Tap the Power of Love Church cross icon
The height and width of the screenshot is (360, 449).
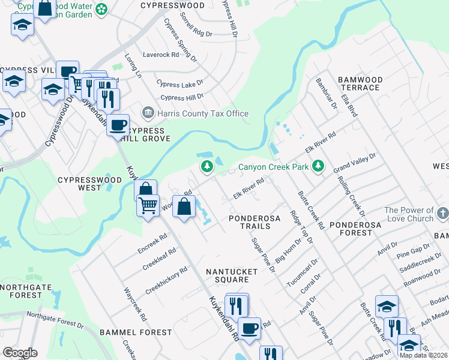pos(442,213)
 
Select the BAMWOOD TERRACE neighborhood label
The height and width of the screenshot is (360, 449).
pos(360,83)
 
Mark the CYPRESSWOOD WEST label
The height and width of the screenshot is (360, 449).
pos(88,184)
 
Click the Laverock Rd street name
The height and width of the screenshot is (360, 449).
pos(161,55)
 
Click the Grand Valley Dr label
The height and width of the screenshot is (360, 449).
pos(354,163)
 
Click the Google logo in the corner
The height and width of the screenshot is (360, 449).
pos(20,353)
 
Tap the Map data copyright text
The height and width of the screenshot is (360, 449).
pos(424,355)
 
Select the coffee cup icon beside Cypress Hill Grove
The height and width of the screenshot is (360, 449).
pos(118,125)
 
